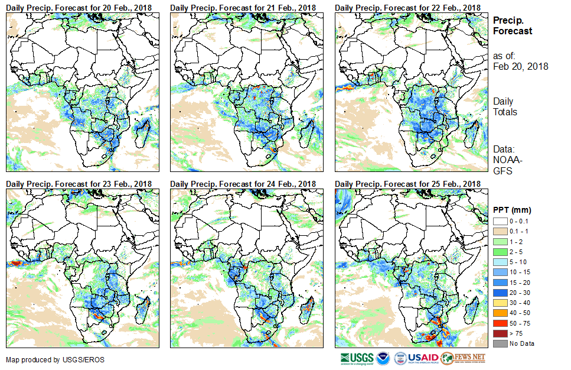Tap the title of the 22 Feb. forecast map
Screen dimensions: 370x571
(x=407, y=7)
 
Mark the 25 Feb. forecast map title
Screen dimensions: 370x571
(x=407, y=184)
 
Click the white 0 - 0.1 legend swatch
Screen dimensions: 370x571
(x=500, y=220)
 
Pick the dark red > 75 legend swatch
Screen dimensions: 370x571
(x=500, y=334)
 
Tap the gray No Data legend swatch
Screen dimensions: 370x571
(x=500, y=343)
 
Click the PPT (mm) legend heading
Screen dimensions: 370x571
(x=512, y=210)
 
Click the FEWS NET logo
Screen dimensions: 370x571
(x=464, y=358)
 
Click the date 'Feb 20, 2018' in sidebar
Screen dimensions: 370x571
(x=520, y=66)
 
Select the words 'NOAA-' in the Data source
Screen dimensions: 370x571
(x=507, y=160)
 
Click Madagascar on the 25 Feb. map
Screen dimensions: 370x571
(x=471, y=309)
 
